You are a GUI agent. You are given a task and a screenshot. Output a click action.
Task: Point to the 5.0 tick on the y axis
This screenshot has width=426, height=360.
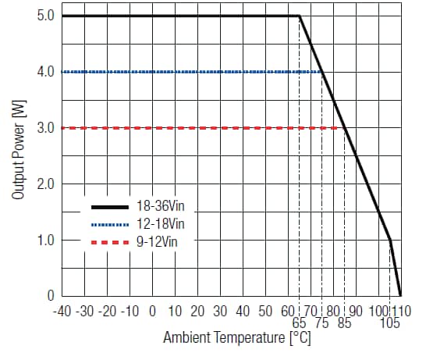(x=44, y=16)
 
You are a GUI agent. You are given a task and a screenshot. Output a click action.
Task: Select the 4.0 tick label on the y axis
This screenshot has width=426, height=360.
(x=44, y=72)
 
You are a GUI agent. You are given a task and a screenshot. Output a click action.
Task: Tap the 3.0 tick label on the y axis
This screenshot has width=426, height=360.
(x=44, y=128)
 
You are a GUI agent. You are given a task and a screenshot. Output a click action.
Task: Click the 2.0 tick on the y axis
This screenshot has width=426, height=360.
(x=44, y=184)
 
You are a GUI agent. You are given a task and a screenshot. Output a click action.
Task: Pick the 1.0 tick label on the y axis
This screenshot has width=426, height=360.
(x=44, y=241)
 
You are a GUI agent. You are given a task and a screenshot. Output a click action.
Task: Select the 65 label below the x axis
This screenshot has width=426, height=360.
(x=300, y=323)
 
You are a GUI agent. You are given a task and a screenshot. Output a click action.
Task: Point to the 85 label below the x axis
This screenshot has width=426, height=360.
(x=345, y=323)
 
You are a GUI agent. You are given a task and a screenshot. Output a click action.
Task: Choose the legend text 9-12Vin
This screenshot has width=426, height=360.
(x=159, y=241)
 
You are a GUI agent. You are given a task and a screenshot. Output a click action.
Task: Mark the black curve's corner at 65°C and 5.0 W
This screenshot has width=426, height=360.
(x=300, y=16)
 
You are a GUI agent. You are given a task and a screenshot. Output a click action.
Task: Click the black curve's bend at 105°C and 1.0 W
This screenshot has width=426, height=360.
(x=390, y=241)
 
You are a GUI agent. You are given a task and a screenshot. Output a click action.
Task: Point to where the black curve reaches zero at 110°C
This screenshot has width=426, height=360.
(x=401, y=296)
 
